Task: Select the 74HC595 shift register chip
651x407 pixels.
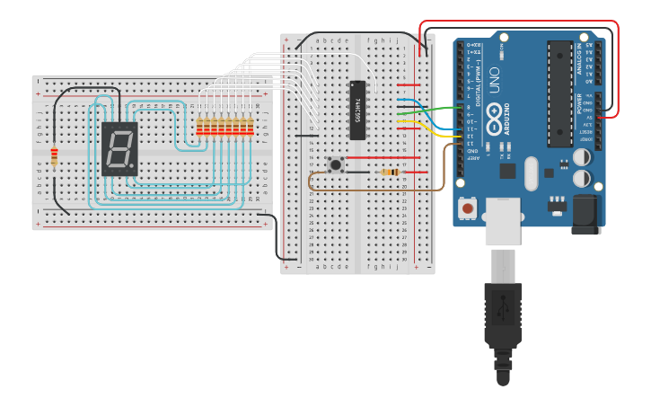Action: [x=357, y=110]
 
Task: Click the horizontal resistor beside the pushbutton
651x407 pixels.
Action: [x=390, y=172]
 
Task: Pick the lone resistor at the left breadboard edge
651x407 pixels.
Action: [x=54, y=156]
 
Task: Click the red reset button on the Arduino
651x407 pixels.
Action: [x=468, y=208]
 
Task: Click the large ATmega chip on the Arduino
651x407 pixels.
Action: [x=560, y=93]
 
